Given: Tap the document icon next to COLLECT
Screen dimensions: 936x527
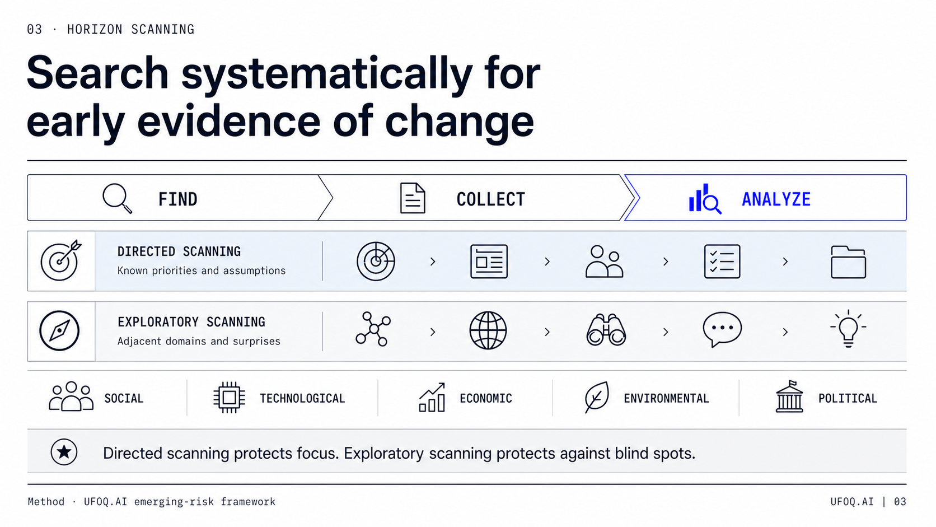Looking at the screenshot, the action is [x=413, y=198].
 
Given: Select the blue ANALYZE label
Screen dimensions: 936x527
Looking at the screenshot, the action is [x=776, y=199].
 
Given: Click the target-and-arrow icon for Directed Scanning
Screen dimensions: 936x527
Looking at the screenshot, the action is [x=61, y=260].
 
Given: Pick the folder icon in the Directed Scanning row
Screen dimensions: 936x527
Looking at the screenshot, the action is [x=848, y=262].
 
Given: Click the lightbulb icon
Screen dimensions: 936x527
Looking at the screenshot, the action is [x=848, y=329].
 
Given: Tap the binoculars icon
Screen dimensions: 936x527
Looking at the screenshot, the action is [x=606, y=330].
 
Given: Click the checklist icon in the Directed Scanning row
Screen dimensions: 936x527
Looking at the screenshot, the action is [x=722, y=262].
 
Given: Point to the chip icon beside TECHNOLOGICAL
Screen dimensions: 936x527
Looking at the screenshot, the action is [x=229, y=398].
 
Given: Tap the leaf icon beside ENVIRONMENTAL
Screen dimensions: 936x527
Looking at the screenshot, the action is [x=597, y=397].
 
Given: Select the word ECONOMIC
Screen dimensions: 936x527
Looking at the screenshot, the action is [x=485, y=398].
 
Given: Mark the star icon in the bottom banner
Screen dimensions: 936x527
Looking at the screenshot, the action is [x=64, y=452].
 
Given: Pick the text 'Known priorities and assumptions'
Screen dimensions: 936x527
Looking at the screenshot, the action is [x=202, y=271].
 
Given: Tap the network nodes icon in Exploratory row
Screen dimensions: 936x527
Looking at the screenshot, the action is [x=373, y=329].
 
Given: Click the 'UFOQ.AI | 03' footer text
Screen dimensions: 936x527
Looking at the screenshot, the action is [x=868, y=501].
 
